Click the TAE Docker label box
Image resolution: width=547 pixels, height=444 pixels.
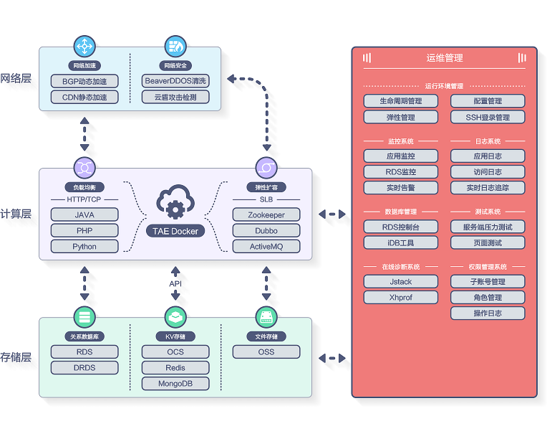tap(175, 231)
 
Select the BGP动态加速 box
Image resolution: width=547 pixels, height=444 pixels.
tap(84, 81)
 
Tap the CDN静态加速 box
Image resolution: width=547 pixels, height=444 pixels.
tap(84, 97)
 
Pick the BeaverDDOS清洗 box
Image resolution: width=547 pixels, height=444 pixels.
tap(175, 81)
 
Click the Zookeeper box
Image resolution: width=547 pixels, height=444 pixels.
tap(266, 214)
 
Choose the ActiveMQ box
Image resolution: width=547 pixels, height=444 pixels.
tap(266, 246)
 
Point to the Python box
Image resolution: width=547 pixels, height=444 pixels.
tap(84, 246)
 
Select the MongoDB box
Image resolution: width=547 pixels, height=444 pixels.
tap(175, 383)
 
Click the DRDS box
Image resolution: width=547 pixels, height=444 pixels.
tap(84, 367)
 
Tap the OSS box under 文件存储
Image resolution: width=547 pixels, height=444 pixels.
tap(266, 351)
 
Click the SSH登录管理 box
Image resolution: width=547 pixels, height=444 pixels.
tap(488, 117)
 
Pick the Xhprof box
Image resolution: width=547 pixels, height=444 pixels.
tap(400, 297)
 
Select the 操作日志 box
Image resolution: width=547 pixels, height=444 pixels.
tap(488, 313)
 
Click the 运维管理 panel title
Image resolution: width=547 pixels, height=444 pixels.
tap(445, 58)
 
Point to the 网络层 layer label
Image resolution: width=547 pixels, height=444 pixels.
tap(16, 78)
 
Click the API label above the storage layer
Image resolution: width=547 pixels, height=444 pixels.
tap(175, 284)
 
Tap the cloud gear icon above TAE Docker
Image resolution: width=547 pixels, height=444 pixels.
tap(175, 202)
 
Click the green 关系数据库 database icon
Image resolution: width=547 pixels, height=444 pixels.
tap(84, 316)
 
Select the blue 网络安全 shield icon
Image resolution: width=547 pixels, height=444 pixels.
tap(175, 47)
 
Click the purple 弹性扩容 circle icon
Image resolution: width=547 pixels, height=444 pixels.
tap(266, 168)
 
